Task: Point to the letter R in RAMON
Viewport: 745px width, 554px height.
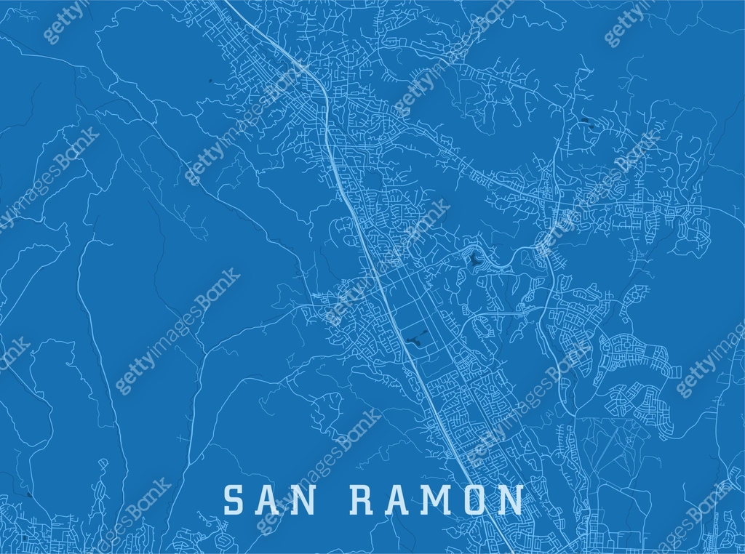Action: tap(363, 500)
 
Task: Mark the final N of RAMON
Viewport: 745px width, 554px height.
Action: tap(512, 500)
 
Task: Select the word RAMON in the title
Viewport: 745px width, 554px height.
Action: tap(437, 500)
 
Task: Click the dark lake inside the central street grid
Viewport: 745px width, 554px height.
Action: tap(417, 338)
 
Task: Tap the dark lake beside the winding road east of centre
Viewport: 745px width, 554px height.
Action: tap(474, 259)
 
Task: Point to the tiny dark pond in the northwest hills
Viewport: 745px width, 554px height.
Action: tap(209, 80)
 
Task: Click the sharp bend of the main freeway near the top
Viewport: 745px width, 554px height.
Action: tap(318, 79)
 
